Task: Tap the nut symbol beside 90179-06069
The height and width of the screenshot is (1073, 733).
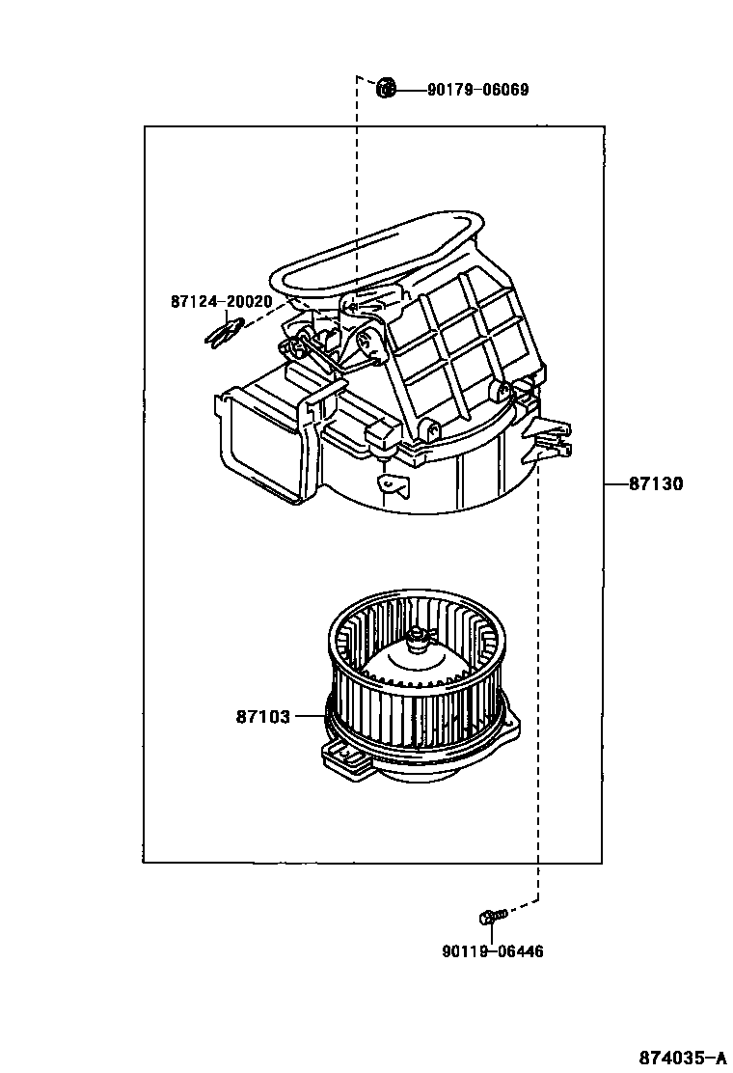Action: [x=386, y=89]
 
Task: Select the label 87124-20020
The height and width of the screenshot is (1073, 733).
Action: [x=221, y=301]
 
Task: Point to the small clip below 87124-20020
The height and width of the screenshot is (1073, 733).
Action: [x=223, y=333]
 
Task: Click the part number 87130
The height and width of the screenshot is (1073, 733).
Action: [x=656, y=484]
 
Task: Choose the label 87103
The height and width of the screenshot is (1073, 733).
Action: [x=262, y=717]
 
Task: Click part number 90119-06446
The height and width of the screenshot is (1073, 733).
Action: [x=493, y=951]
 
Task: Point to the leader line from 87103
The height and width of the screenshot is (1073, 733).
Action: [x=309, y=717]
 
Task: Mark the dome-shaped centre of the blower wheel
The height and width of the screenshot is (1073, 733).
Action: [x=410, y=666]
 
